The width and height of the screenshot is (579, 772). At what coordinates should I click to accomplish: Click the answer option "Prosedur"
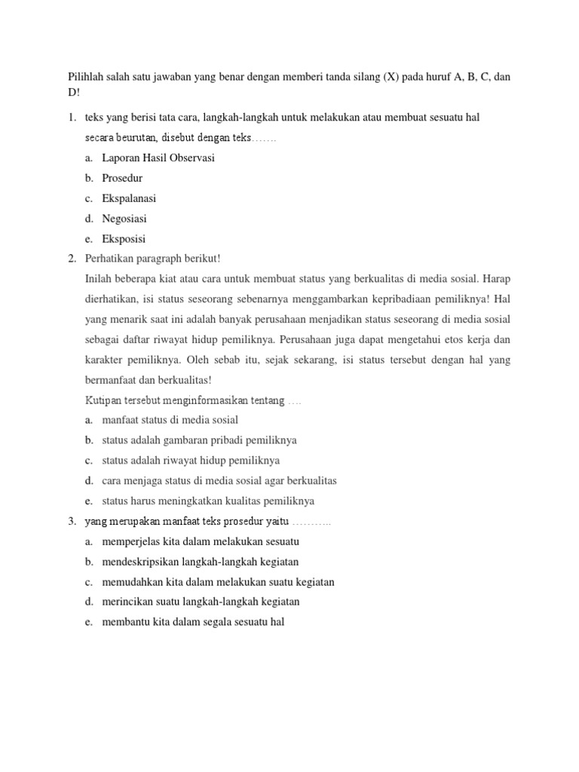122,178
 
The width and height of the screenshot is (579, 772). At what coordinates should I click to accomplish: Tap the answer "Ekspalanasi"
129,198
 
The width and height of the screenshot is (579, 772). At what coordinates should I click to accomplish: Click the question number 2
72,259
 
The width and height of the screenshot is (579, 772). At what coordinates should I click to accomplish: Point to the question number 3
72,521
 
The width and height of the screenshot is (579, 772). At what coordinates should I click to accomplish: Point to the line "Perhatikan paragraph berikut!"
158,259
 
